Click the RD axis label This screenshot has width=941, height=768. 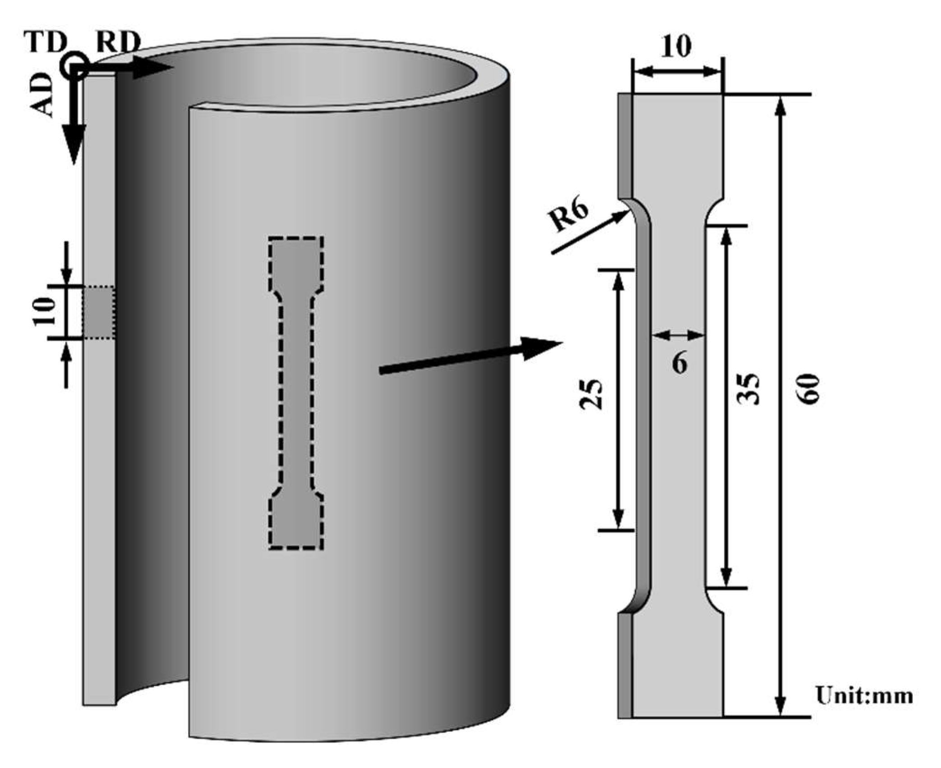pyautogui.click(x=118, y=44)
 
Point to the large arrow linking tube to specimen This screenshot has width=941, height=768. pyautogui.click(x=469, y=356)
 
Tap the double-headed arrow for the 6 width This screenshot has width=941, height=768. pyautogui.click(x=678, y=335)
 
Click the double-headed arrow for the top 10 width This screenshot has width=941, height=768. pyautogui.click(x=678, y=71)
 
